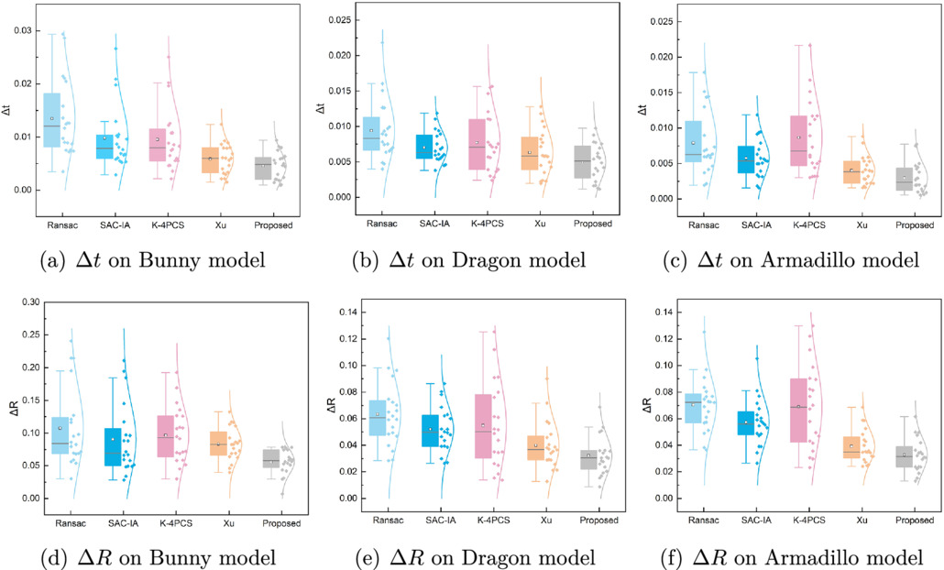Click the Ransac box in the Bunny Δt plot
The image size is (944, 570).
tap(51, 120)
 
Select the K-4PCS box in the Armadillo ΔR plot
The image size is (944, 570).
tap(798, 411)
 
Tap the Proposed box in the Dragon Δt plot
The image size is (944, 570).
tap(582, 162)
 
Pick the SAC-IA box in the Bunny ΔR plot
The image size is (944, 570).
tap(113, 447)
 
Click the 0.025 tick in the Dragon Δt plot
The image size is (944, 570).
tap(339, 20)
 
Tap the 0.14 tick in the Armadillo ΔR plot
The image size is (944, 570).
tap(664, 312)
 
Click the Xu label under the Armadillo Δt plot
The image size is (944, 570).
tap(862, 225)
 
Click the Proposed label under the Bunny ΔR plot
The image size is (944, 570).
tap(281, 523)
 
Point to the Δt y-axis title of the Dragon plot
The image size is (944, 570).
tap(320, 108)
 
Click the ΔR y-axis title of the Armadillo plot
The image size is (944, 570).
tap(647, 405)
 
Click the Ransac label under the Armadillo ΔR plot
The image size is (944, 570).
tap(704, 520)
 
